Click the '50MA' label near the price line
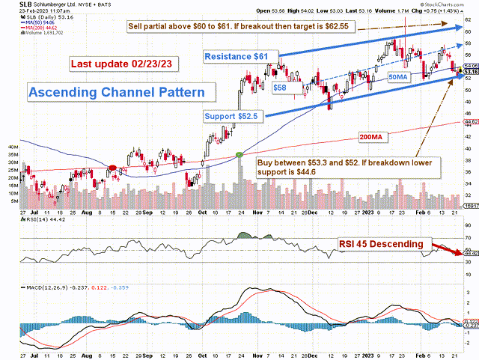397,77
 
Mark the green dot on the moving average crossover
239,154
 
